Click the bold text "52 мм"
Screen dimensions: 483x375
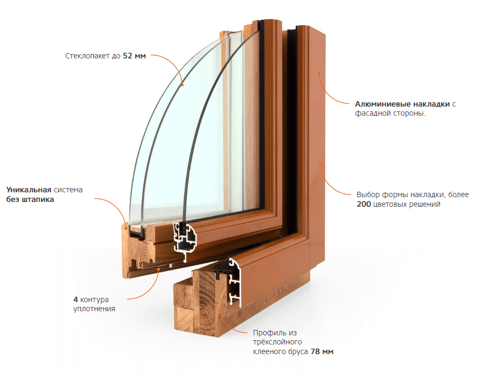134,56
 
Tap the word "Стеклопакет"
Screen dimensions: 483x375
87,56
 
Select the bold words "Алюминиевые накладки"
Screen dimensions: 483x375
402,104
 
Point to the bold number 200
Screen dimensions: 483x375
364,204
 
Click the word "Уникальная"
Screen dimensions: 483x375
28,190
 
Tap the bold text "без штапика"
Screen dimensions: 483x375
30,199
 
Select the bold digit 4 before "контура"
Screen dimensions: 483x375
76,299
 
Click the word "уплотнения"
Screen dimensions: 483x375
94,309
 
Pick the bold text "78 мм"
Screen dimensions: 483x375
322,351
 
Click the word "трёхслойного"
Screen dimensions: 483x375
277,342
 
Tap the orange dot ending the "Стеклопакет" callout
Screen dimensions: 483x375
182,85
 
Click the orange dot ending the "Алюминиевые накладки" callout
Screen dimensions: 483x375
319,74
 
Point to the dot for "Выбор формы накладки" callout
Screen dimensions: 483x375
320,164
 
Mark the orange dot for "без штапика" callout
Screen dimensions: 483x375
126,228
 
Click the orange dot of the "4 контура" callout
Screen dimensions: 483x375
159,269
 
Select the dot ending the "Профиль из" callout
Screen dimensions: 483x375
217,303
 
